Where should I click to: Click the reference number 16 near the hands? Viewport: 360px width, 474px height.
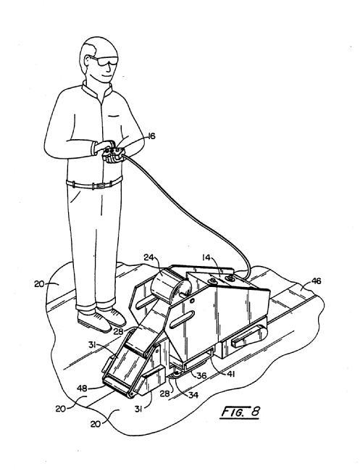[x=151, y=136]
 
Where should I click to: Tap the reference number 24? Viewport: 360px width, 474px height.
[x=148, y=257]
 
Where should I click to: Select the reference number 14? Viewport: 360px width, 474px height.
[x=206, y=257]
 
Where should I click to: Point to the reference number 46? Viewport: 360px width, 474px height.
[x=316, y=281]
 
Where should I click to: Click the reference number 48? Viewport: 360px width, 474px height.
[x=82, y=388]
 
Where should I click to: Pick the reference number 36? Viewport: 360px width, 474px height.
[x=201, y=375]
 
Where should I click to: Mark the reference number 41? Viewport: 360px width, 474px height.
[x=230, y=374]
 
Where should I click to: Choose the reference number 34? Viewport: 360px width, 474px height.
[x=193, y=395]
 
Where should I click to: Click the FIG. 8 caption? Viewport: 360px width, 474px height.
[x=240, y=412]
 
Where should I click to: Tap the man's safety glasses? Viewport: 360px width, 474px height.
[x=104, y=60]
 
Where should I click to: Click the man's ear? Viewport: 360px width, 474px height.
[x=88, y=62]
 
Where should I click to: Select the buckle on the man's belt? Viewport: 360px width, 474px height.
[x=101, y=185]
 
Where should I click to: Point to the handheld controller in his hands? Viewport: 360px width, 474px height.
[x=113, y=154]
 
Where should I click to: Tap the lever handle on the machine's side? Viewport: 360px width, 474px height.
[x=249, y=338]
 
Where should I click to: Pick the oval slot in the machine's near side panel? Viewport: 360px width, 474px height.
[x=181, y=320]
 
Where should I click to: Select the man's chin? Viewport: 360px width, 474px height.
[x=106, y=80]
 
